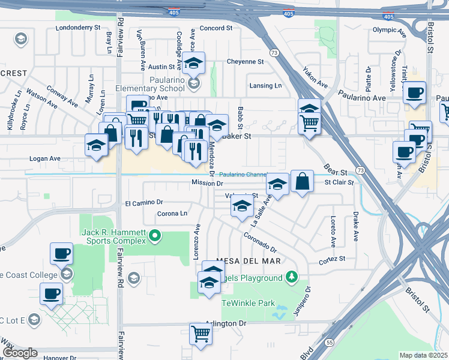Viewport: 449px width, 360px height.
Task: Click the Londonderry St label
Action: pos(77,28)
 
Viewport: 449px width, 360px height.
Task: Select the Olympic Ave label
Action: pos(385,29)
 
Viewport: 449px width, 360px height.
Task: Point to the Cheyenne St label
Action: pos(245,62)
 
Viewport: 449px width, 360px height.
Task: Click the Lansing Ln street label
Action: pos(265,86)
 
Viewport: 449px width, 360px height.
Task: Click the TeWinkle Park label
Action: pos(248,303)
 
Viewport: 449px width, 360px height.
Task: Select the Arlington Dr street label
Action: pos(226,323)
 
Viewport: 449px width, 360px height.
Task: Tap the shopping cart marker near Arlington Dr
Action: pos(200,334)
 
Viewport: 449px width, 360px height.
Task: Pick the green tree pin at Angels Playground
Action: pos(291,277)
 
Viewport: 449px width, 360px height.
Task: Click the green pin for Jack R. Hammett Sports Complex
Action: pos(155,235)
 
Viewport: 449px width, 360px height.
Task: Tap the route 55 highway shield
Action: pos(330,341)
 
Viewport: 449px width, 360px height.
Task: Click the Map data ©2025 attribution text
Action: pos(423,355)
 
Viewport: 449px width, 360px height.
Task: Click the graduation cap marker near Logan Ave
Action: pos(96,145)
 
